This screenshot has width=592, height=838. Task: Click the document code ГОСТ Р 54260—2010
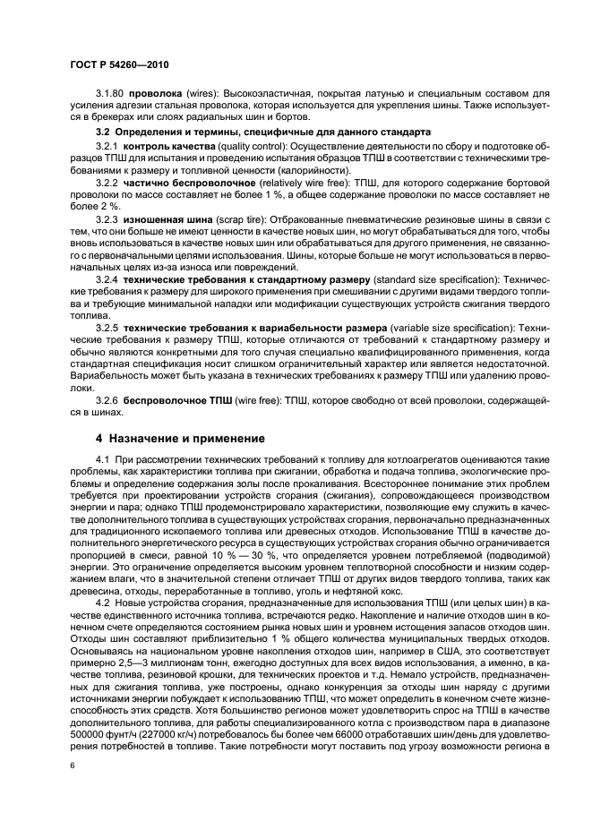117,66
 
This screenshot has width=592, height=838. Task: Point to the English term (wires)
202,92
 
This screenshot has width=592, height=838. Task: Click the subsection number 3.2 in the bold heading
102,132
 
